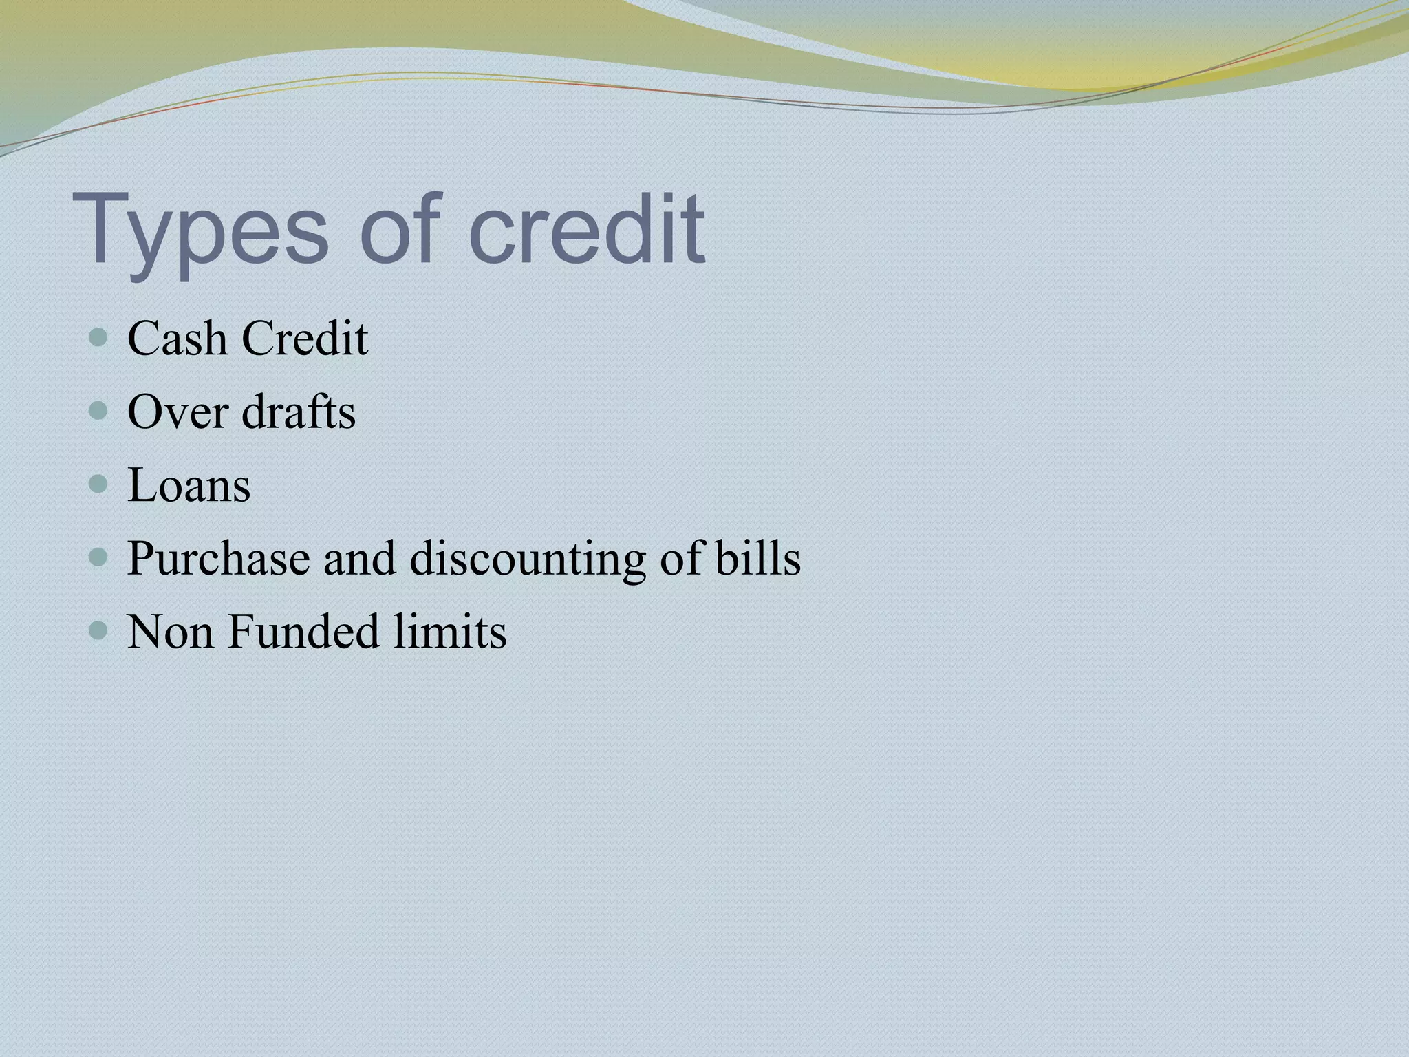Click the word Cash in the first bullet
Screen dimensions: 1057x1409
(x=178, y=339)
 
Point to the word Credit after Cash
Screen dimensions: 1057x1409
(x=305, y=339)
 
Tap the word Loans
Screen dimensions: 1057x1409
(x=189, y=485)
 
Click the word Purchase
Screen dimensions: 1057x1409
(x=219, y=558)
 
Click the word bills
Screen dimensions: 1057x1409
(x=757, y=558)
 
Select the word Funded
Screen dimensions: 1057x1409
(x=303, y=631)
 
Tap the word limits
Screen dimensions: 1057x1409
(x=450, y=631)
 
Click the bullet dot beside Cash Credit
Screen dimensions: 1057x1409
(x=99, y=338)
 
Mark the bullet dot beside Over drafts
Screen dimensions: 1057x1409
(x=99, y=412)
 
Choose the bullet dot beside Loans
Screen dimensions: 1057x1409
(x=99, y=484)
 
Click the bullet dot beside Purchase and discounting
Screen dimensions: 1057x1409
(x=99, y=557)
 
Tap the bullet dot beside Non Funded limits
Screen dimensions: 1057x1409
(x=99, y=630)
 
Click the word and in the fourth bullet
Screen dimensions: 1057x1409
(x=360, y=558)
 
